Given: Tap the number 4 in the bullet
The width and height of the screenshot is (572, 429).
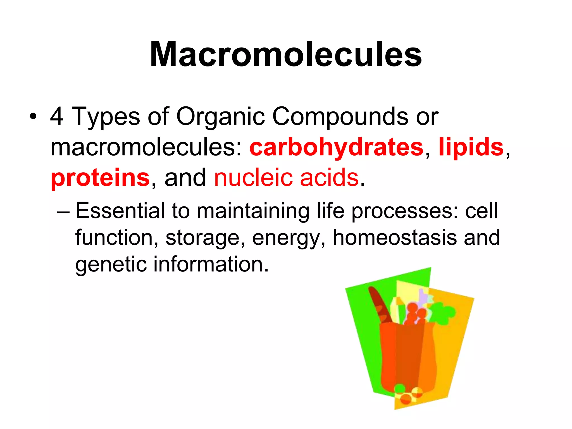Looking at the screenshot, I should [x=57, y=116].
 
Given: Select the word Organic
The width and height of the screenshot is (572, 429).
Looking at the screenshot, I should [x=220, y=116].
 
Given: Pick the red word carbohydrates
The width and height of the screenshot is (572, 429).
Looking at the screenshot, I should [x=336, y=147].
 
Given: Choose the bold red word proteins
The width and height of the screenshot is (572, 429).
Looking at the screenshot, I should [x=100, y=178].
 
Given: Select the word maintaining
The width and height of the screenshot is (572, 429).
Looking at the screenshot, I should [x=253, y=211].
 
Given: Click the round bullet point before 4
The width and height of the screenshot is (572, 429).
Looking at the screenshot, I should [x=33, y=117].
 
